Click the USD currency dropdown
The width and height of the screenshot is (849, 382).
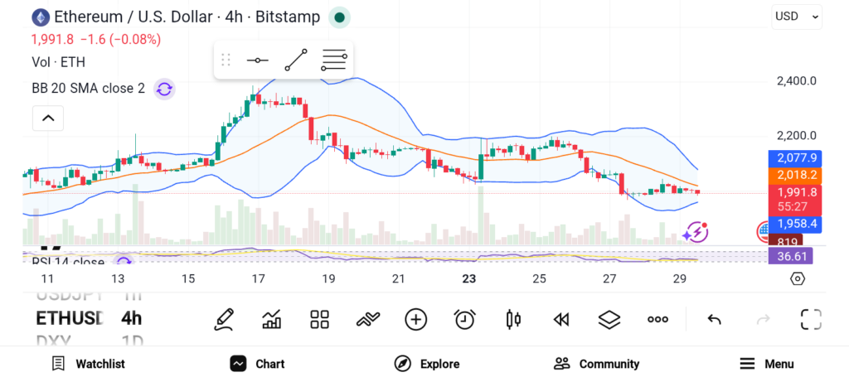[x=797, y=16]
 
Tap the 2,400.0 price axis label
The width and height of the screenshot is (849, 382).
[x=797, y=81]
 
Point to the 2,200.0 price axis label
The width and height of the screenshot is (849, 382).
[x=797, y=136]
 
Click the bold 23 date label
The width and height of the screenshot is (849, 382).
[x=469, y=279]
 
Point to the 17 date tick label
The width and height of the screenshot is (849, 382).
[x=259, y=279]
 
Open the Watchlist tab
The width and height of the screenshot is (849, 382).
[x=88, y=364]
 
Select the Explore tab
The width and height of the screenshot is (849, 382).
[x=427, y=364]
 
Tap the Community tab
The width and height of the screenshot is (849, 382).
[x=597, y=364]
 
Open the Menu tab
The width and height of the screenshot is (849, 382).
[x=767, y=364]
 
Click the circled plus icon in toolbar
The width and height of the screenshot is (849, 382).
[x=415, y=319]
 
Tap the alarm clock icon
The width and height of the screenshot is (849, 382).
[x=464, y=319]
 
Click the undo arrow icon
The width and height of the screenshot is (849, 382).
[x=714, y=320]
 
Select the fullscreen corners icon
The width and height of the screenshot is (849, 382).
[x=811, y=319]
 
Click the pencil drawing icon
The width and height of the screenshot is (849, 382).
[x=222, y=319]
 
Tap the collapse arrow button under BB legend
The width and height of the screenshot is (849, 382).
[x=48, y=118]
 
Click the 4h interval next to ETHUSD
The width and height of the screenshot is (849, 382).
[x=131, y=318]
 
